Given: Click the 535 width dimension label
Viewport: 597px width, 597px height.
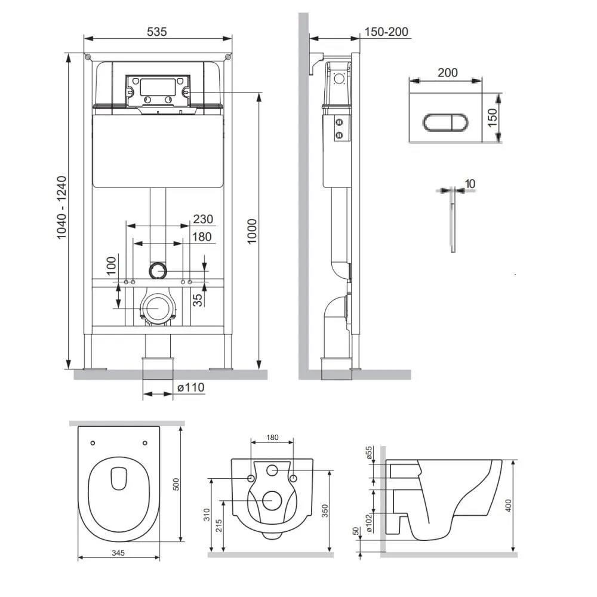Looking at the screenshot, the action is (x=157, y=32).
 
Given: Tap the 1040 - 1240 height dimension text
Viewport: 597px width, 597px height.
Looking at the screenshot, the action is (x=61, y=208).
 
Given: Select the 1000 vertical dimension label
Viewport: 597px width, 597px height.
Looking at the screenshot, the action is (x=252, y=232).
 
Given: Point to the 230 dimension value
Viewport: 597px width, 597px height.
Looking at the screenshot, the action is (x=203, y=219).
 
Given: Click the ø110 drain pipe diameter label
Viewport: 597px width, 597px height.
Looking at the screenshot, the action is (x=191, y=387).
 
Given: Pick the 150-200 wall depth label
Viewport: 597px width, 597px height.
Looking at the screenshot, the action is (x=386, y=32).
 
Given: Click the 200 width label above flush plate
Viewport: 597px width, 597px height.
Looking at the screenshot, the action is (x=447, y=73).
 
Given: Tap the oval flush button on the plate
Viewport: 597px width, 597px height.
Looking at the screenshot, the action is (x=445, y=122).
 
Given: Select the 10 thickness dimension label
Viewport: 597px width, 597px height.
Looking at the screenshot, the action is (x=470, y=184).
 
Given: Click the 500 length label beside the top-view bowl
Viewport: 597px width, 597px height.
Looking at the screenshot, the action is (x=176, y=484).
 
